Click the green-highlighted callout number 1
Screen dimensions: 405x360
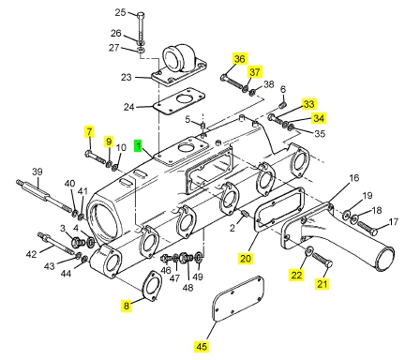(x=138, y=145)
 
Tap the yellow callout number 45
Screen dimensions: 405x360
(x=202, y=346)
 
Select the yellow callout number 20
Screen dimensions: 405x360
(x=246, y=259)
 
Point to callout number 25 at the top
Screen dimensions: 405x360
(x=120, y=13)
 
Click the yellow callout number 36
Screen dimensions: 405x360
(x=240, y=59)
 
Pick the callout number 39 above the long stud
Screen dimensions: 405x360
(x=37, y=172)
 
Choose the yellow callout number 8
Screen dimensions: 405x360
(x=126, y=306)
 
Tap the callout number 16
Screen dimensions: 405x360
(x=354, y=178)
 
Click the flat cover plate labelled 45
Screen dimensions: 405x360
(x=238, y=299)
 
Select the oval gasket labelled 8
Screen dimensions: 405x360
(x=152, y=286)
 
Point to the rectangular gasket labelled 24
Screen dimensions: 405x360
(x=179, y=102)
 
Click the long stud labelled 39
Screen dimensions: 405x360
(x=45, y=196)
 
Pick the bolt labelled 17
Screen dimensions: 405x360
(x=367, y=228)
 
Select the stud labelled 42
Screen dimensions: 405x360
(x=56, y=243)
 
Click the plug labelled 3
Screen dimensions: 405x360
(x=78, y=242)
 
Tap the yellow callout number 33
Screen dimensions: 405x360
(x=308, y=104)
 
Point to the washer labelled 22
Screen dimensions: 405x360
(x=309, y=250)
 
